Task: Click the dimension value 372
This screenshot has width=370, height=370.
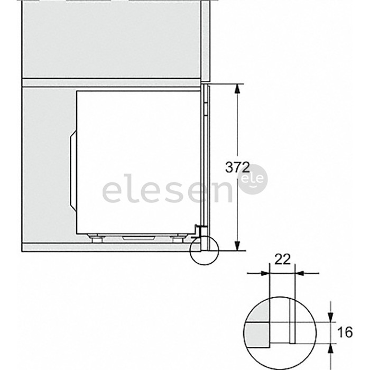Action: tap(237, 168)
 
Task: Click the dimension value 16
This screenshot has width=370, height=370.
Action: tap(345, 332)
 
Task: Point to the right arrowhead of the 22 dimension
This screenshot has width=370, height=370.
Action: tap(300, 273)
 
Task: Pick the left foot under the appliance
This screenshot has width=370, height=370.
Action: tap(97, 238)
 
